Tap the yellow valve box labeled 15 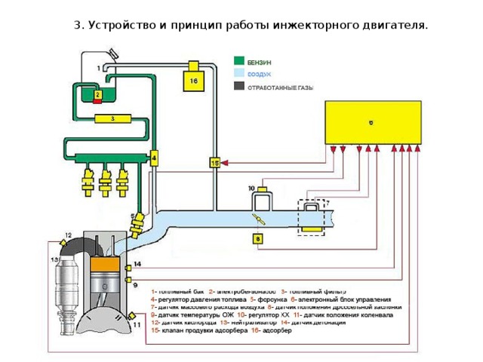coord(215,163)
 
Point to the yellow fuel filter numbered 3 coord(112,118)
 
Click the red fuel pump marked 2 coord(97,94)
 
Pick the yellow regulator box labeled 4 coord(154,158)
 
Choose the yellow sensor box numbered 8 coord(257,239)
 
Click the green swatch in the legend coord(238,60)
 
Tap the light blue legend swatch coord(238,73)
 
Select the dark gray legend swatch coord(238,86)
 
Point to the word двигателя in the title coord(392,25)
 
